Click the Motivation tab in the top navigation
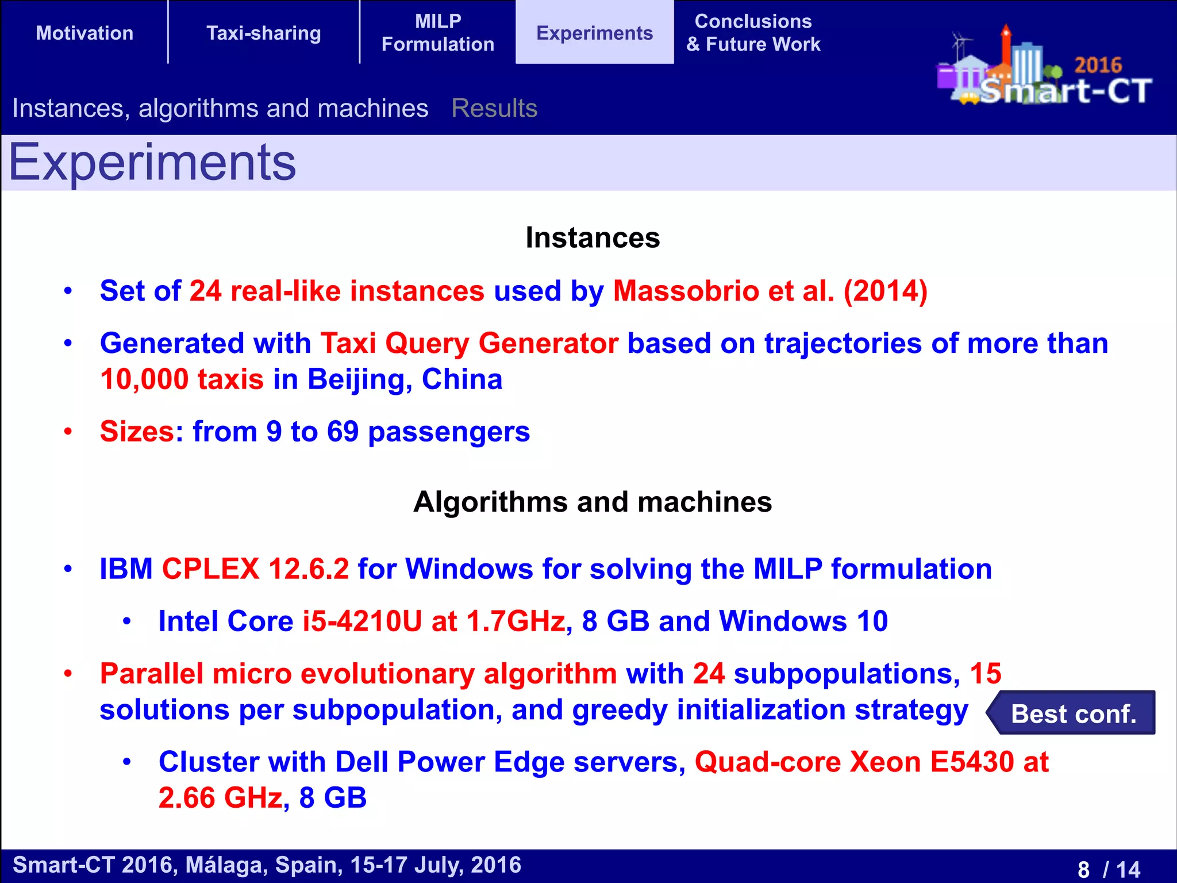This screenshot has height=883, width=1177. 84,33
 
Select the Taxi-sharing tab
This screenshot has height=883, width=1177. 264,33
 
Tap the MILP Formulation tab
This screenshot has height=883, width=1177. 438,33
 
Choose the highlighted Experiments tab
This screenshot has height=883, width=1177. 595,33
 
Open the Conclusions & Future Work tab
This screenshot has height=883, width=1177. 753,33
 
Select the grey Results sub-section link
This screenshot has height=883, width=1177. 494,108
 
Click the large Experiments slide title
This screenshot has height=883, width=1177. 152,163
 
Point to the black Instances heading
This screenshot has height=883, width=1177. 593,237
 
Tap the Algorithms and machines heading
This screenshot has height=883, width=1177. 593,502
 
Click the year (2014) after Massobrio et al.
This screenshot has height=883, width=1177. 885,291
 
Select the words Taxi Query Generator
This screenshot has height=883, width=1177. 469,343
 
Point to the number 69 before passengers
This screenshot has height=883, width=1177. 343,431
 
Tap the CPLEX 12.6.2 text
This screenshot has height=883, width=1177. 255,569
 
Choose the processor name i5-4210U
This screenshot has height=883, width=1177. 362,621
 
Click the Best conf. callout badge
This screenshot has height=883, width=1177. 1072,713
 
